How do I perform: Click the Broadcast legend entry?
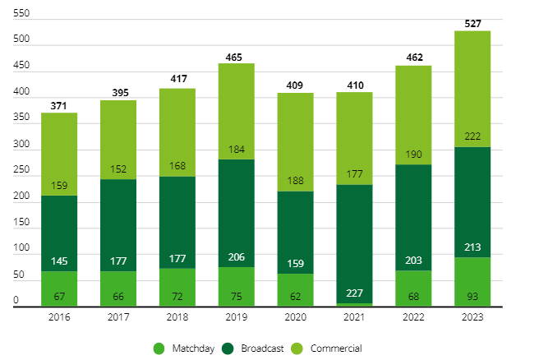click(255, 348)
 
